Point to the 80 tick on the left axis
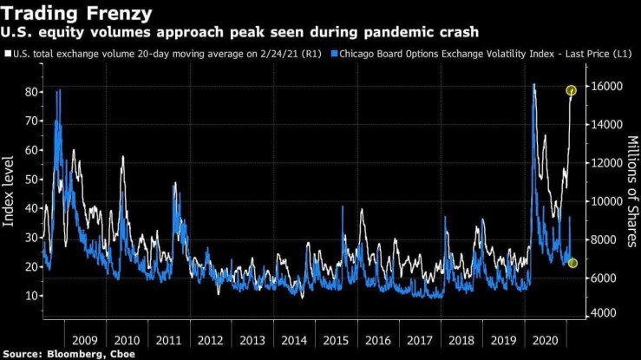pos(29,91)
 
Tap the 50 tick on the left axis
pos(29,179)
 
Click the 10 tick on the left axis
pos(29,296)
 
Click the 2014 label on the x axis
pos(294,341)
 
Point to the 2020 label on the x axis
pos(546,341)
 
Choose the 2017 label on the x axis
pos(420,341)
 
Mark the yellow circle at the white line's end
pos(572,90)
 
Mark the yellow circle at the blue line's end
pos(572,263)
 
